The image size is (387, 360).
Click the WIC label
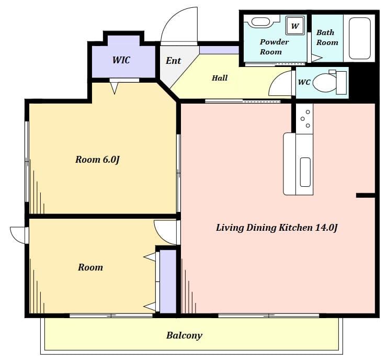click(x=121, y=60)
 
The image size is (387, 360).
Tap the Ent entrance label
click(x=173, y=61)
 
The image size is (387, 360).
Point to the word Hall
click(x=220, y=78)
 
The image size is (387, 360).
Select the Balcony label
click(x=184, y=335)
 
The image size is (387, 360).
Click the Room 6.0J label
click(x=97, y=160)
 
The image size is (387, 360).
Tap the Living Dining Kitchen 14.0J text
click(x=277, y=228)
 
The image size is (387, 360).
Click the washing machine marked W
click(x=295, y=26)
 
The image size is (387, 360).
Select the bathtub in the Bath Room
click(x=360, y=38)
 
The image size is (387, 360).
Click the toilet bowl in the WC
click(x=325, y=83)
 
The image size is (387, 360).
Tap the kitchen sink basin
click(x=305, y=172)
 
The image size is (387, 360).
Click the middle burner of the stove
click(x=303, y=119)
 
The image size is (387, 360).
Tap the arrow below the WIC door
click(x=115, y=88)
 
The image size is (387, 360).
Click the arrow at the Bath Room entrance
click(x=317, y=58)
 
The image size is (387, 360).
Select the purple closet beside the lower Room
click(x=168, y=282)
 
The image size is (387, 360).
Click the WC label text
click(x=304, y=82)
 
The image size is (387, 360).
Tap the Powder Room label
click(x=274, y=47)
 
